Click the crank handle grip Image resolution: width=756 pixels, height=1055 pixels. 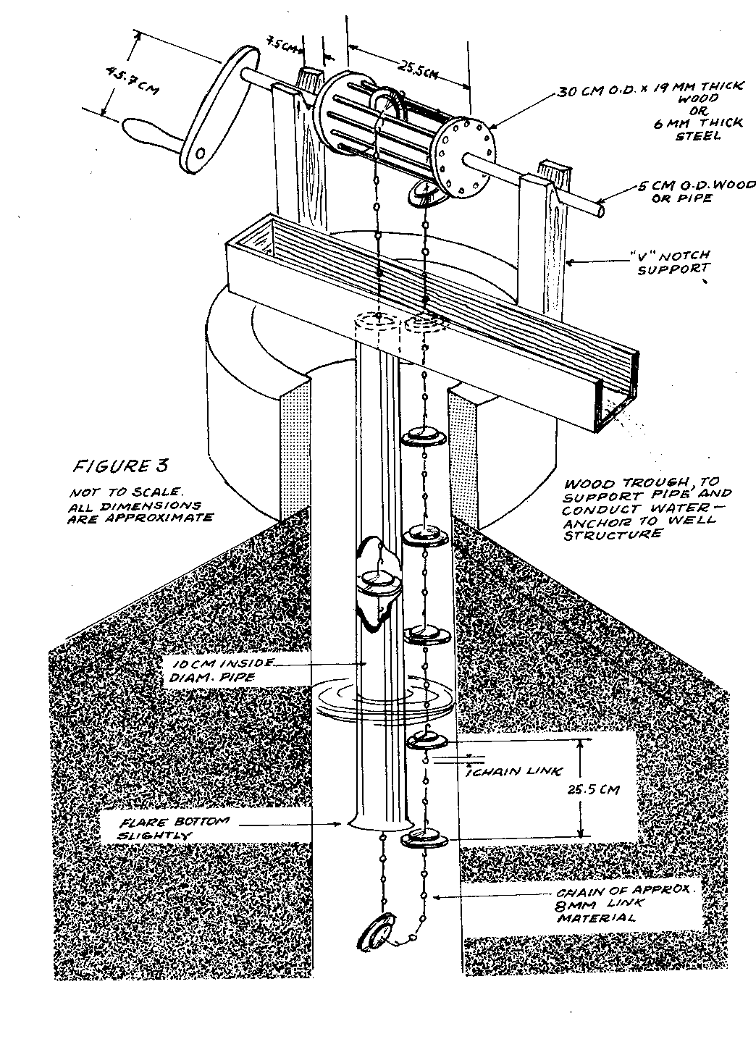(x=148, y=135)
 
